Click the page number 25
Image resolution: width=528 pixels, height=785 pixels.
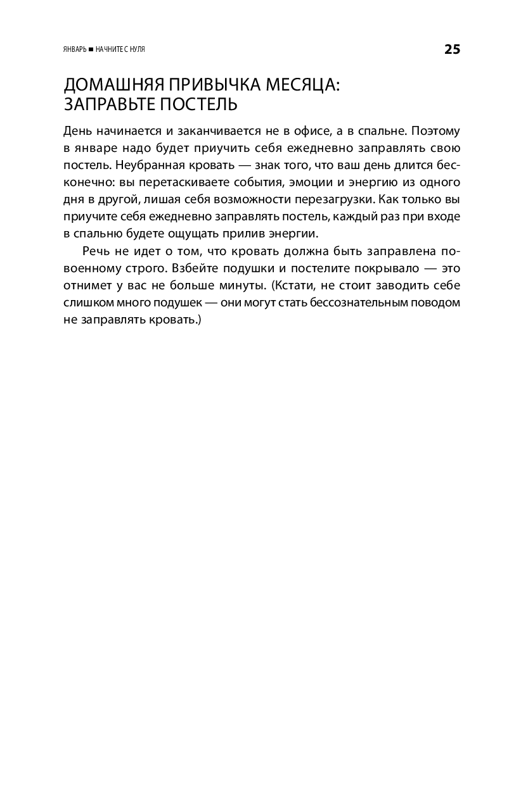tap(452, 49)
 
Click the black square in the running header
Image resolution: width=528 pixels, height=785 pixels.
tap(91, 50)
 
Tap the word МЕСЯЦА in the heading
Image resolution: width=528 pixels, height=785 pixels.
tap(304, 85)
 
